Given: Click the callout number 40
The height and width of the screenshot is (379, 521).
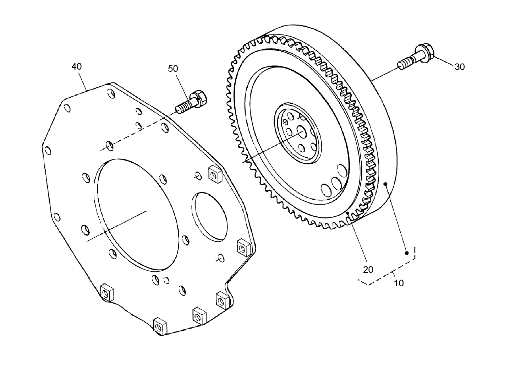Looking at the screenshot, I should pos(76,66).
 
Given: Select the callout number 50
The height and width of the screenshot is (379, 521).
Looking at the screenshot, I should pos(173,69).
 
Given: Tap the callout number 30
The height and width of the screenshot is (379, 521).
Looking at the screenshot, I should pos(459,67).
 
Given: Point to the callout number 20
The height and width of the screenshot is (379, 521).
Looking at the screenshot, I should pos(368,270).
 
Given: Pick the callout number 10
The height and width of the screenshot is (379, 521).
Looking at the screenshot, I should pos(399,283).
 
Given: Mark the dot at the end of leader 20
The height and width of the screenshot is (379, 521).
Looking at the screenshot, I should pos(348,213).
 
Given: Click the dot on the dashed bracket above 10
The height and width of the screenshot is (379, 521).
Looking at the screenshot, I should pos(407,253).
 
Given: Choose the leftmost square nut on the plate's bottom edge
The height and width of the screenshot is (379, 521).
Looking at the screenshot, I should pos(106,292).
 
